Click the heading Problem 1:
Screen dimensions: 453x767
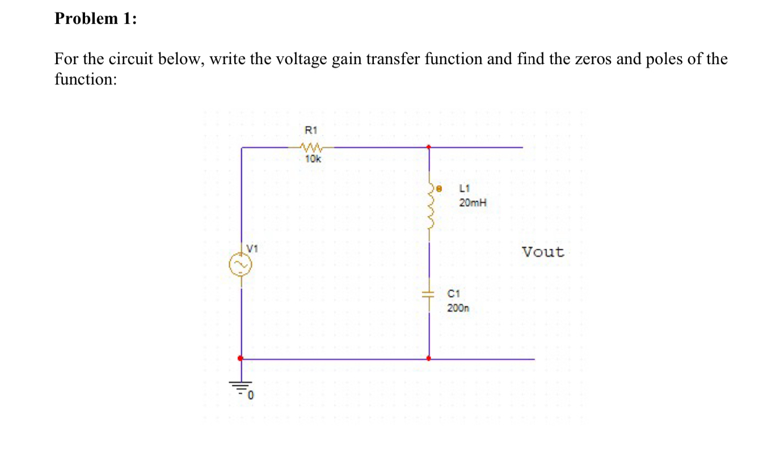[x=95, y=19]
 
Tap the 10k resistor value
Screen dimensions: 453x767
[x=313, y=159]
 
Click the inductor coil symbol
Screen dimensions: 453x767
[x=429, y=208]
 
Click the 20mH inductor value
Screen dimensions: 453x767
[x=473, y=202]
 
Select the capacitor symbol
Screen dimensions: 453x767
[x=429, y=293]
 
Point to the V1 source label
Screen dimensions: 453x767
[x=252, y=248]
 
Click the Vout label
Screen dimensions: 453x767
[x=543, y=252]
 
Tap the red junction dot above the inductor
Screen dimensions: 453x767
[x=429, y=147]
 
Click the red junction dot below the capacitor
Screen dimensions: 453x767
[x=429, y=358]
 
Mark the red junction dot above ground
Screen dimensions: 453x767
[x=241, y=358]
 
